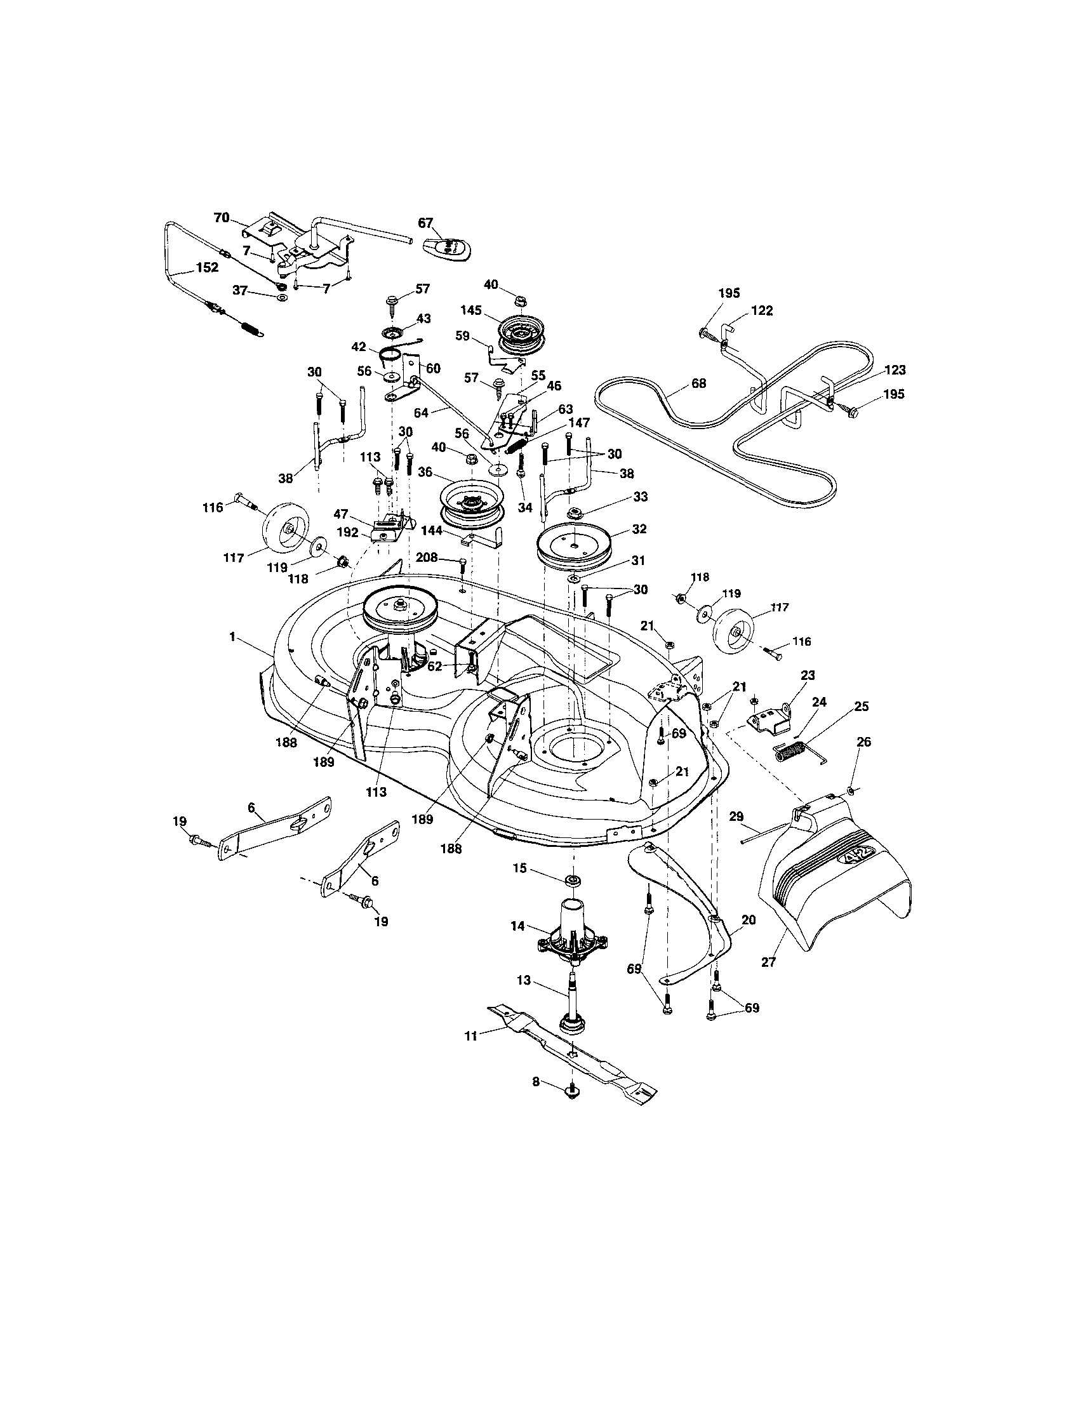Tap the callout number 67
point(425,223)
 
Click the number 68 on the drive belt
point(698,383)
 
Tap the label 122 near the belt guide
point(762,310)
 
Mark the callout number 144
point(432,531)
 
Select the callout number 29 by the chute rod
point(736,816)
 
